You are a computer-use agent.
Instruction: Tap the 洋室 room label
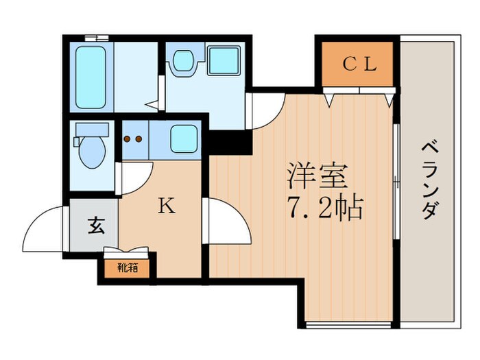click(317, 177)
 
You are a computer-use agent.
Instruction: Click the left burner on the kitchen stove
click(128, 139)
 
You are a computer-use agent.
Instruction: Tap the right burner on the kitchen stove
click(139, 139)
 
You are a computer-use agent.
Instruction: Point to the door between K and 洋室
click(224, 219)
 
